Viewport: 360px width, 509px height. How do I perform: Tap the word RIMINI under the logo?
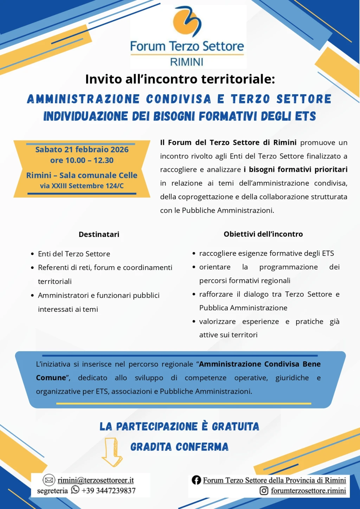(187, 62)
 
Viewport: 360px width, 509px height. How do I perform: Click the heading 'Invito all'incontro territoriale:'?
(180, 79)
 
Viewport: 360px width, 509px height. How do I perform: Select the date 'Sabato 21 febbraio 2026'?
(82, 149)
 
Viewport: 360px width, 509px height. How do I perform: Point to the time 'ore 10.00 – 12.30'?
(82, 160)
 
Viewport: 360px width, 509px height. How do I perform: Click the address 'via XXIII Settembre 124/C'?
(82, 186)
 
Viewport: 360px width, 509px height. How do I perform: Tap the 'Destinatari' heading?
(99, 234)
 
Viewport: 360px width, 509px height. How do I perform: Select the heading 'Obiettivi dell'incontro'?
(263, 234)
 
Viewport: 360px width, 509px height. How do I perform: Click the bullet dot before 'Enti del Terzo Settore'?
(32, 254)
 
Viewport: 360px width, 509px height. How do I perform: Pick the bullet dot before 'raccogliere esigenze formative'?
(194, 253)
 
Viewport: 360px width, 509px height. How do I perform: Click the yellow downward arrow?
(111, 452)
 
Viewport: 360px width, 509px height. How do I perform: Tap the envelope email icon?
(49, 480)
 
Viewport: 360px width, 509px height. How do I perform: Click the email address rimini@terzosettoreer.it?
(96, 480)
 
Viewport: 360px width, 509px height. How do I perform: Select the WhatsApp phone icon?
(75, 490)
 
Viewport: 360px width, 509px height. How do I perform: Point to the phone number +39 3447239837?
(108, 491)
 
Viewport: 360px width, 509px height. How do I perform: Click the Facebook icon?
(196, 480)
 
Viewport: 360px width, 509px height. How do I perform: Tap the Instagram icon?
(264, 490)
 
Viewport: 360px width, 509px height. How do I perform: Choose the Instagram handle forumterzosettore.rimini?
(308, 491)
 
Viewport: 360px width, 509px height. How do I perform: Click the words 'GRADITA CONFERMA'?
(179, 447)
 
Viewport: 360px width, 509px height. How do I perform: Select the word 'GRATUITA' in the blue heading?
(235, 426)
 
